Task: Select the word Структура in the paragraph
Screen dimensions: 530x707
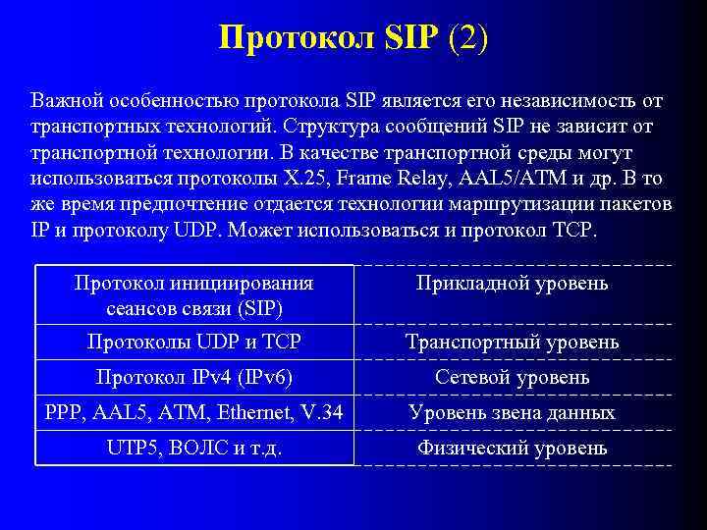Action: (338, 128)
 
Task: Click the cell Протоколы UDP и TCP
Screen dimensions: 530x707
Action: (194, 342)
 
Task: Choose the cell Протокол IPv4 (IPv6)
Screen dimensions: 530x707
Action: (194, 377)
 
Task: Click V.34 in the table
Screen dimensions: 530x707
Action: (319, 413)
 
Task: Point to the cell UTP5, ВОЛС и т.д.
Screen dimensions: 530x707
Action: (194, 449)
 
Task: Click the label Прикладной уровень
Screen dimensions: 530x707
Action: (512, 284)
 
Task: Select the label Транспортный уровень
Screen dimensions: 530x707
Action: (512, 342)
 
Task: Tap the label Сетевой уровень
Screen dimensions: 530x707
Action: (512, 377)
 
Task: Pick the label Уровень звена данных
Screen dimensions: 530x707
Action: (512, 413)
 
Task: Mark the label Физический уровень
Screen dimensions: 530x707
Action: (512, 449)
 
